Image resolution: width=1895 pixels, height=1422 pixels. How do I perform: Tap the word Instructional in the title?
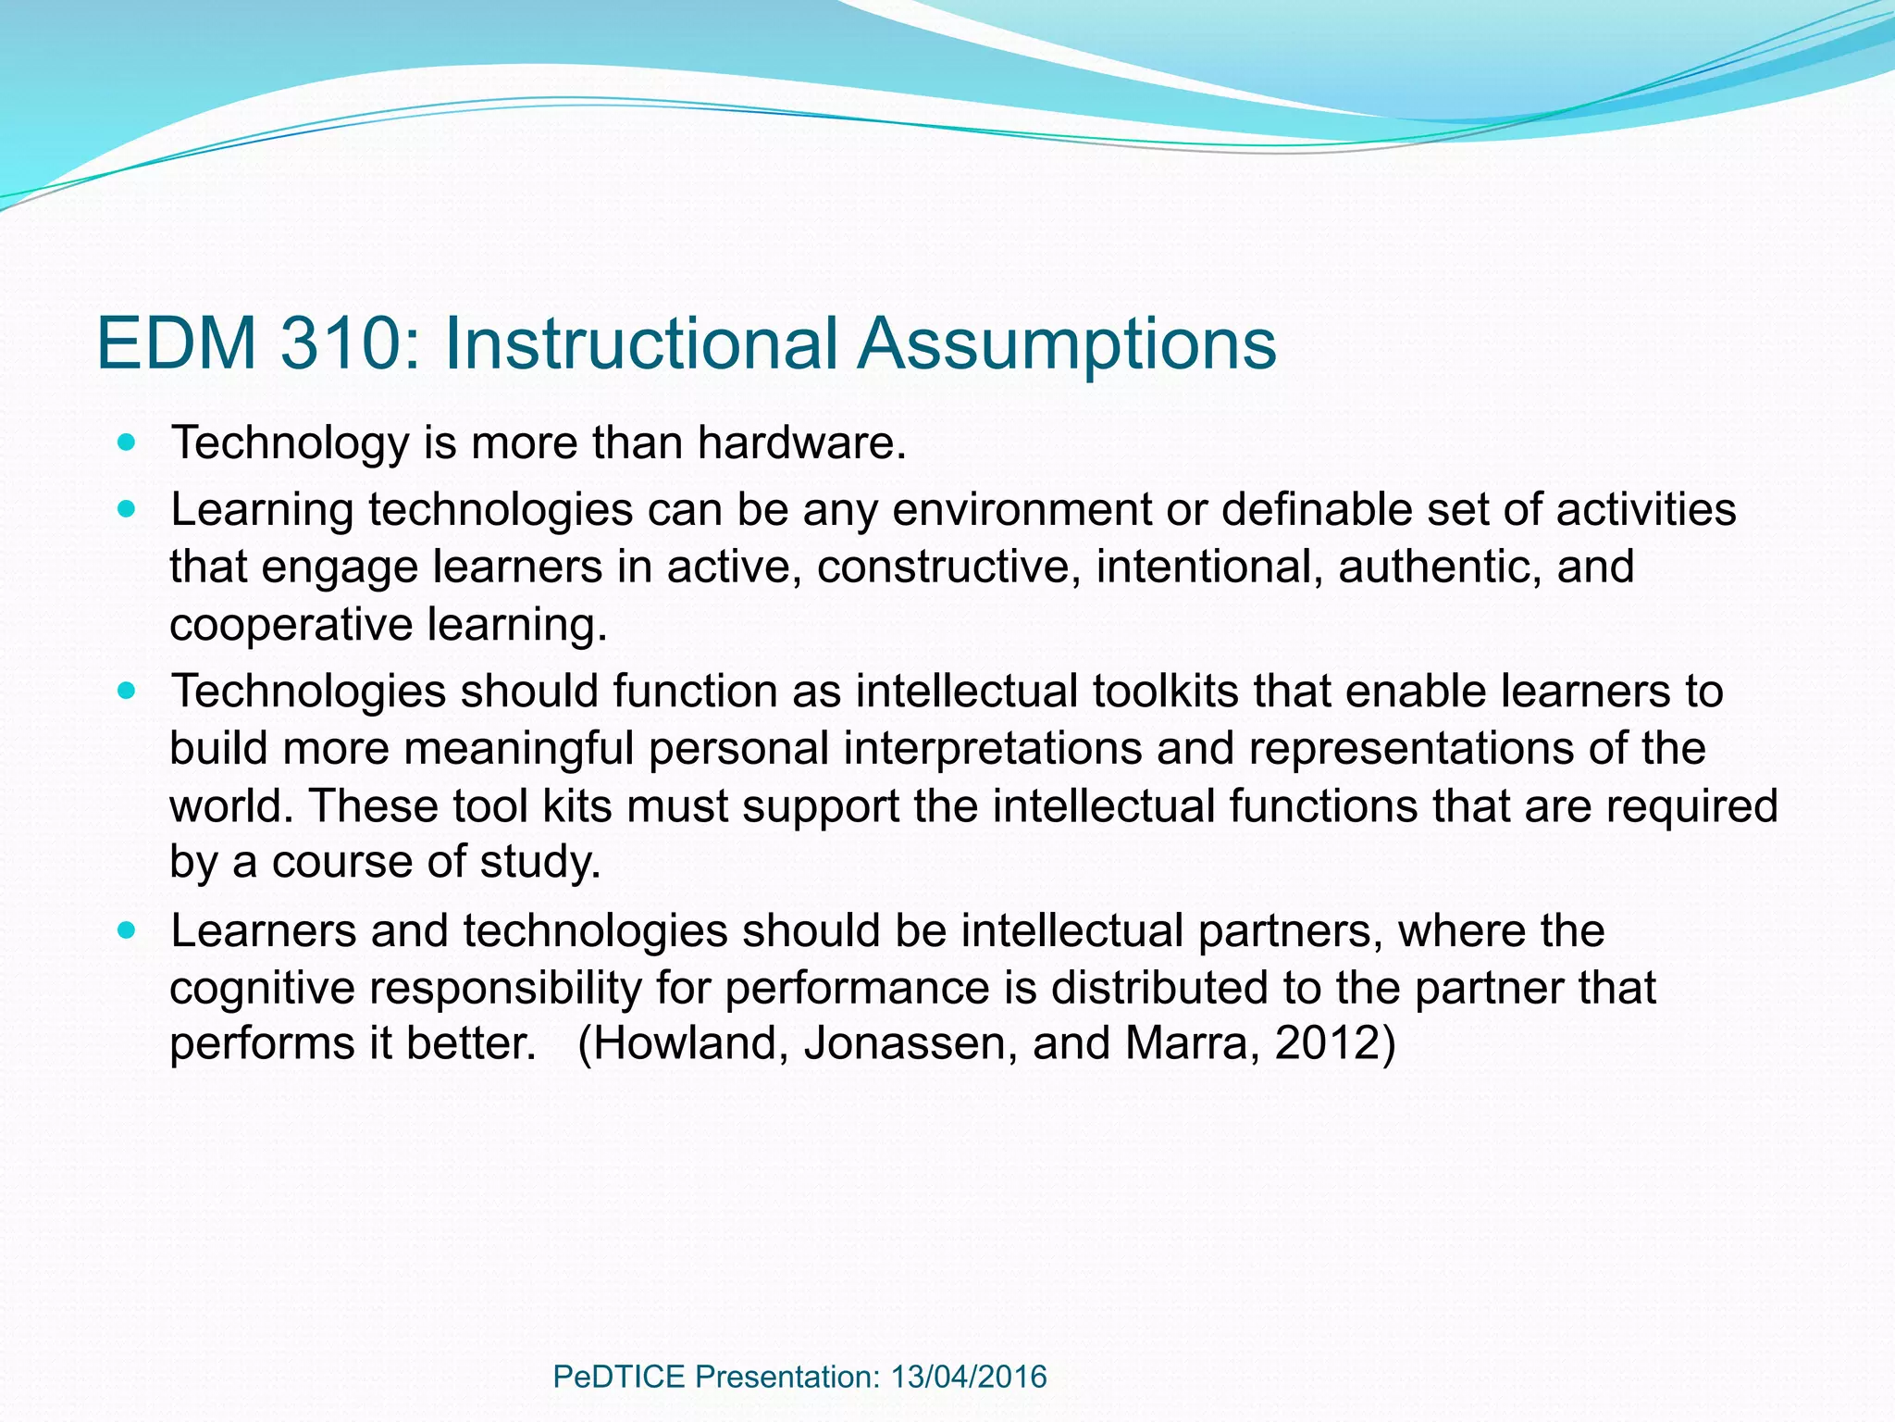641,343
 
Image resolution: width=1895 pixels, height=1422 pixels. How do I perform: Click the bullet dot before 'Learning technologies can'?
128,510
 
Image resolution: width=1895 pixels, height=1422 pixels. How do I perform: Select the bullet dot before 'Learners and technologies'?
128,930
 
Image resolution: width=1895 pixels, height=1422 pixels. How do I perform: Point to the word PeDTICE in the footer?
618,1377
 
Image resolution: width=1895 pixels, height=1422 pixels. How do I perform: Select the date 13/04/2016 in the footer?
969,1377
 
